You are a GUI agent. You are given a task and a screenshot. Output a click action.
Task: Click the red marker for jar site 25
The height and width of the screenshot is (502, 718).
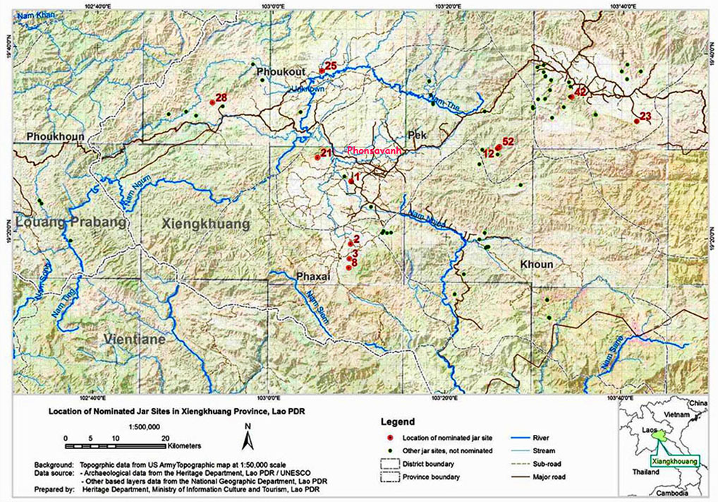pos(322,71)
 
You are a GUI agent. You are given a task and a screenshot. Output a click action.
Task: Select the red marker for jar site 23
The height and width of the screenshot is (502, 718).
pos(637,121)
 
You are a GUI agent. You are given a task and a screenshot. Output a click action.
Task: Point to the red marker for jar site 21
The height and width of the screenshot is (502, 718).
pos(317,157)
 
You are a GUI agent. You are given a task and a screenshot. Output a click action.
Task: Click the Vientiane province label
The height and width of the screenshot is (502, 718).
pos(134,340)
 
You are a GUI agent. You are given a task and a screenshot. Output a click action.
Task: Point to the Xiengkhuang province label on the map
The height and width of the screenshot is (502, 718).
pos(206,225)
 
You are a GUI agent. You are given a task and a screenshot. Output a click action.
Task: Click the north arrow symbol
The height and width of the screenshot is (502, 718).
pos(248,438)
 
